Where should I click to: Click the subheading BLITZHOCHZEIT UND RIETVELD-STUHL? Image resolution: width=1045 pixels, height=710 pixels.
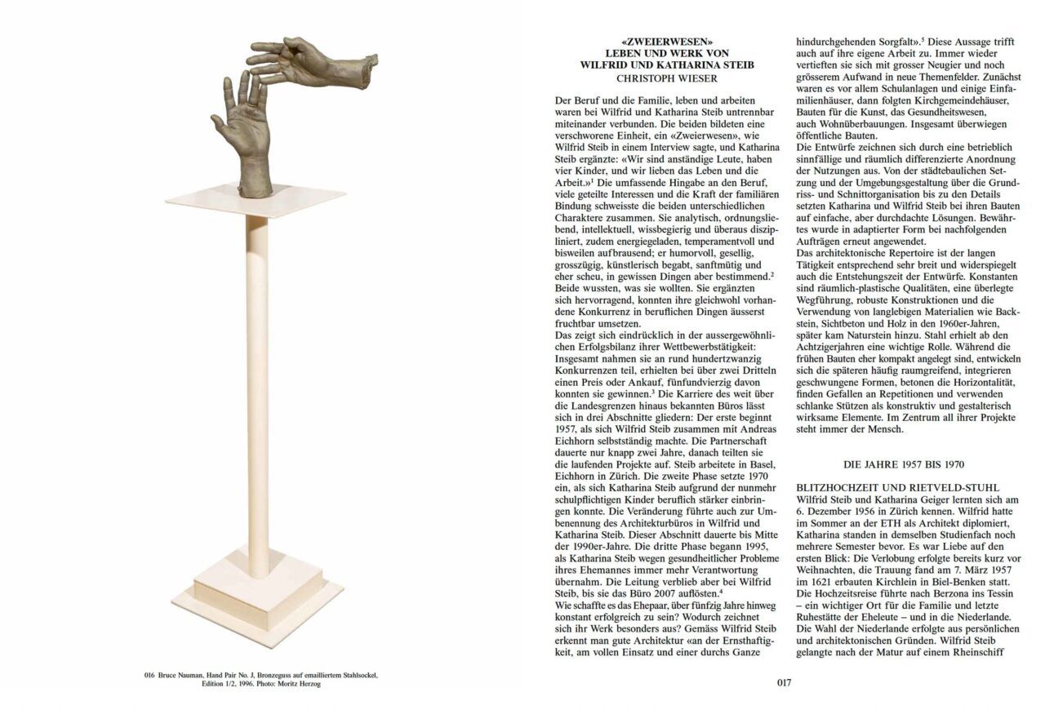[891, 487]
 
